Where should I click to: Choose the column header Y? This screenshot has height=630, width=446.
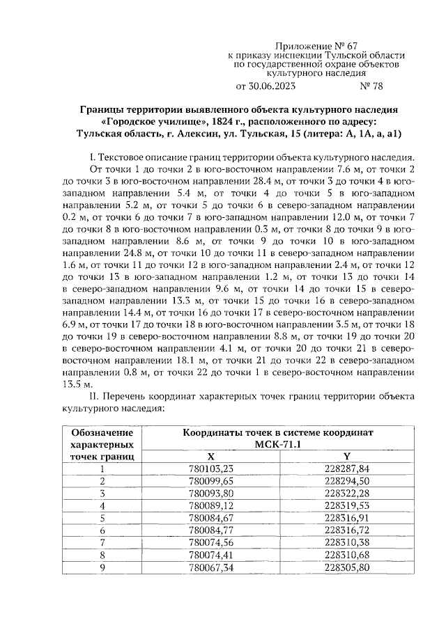[347, 456]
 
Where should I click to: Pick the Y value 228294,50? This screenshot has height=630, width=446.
[347, 481]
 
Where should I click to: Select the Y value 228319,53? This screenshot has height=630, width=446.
[347, 505]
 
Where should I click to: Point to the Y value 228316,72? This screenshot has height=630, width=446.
[347, 530]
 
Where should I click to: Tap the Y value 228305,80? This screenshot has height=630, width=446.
[347, 567]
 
